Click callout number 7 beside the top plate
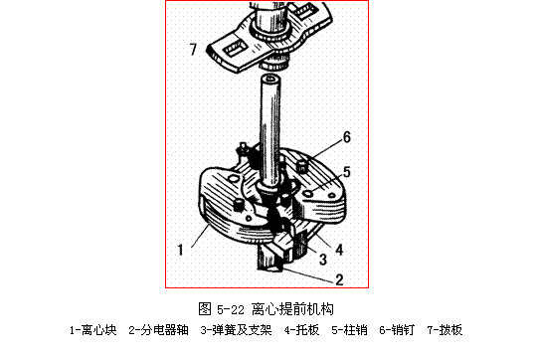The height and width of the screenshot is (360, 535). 193,49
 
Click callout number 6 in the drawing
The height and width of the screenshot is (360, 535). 347,137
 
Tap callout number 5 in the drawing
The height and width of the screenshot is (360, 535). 347,172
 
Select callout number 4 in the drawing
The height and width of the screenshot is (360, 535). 339,250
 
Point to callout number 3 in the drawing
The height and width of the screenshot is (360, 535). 323,260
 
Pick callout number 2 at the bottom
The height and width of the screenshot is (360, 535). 339,279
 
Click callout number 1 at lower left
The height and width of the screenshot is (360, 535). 181,250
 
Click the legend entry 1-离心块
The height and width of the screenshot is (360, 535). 93,330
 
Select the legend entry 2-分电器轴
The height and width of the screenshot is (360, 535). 159,330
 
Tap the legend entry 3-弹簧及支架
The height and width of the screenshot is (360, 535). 236,330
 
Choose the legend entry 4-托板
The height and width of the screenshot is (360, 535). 301,330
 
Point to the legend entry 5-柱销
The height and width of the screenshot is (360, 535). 349,330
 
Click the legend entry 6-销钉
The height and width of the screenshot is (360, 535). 397,330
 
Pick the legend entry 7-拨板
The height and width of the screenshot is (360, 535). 445,330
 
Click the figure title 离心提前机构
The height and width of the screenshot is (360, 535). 292,309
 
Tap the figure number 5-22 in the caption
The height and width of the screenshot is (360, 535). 231,310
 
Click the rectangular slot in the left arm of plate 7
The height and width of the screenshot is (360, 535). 235,49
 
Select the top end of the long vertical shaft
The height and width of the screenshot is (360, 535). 270,79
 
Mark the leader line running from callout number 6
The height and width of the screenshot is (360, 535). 327,149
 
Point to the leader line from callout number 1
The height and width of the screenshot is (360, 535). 200,236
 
